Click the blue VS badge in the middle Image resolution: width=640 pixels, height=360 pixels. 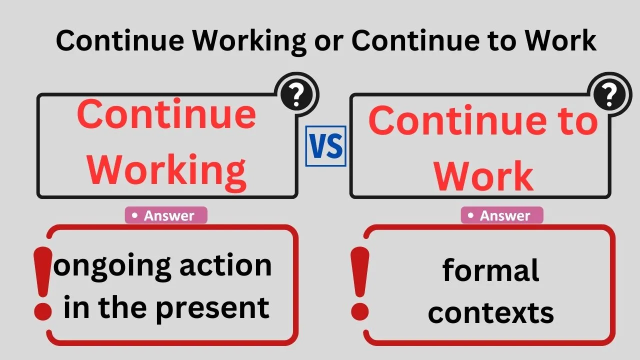(325, 146)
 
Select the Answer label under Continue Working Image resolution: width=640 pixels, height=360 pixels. (166, 215)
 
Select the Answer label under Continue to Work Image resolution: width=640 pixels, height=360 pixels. (502, 215)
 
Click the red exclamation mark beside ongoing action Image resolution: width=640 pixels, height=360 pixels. (43, 284)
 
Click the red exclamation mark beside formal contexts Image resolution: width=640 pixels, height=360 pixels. (359, 284)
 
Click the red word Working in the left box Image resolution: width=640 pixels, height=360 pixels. (166, 169)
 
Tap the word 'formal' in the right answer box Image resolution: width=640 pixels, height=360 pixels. (490, 270)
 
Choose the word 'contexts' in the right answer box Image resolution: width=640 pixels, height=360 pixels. (490, 312)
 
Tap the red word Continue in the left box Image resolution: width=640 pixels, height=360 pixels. (166, 114)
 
